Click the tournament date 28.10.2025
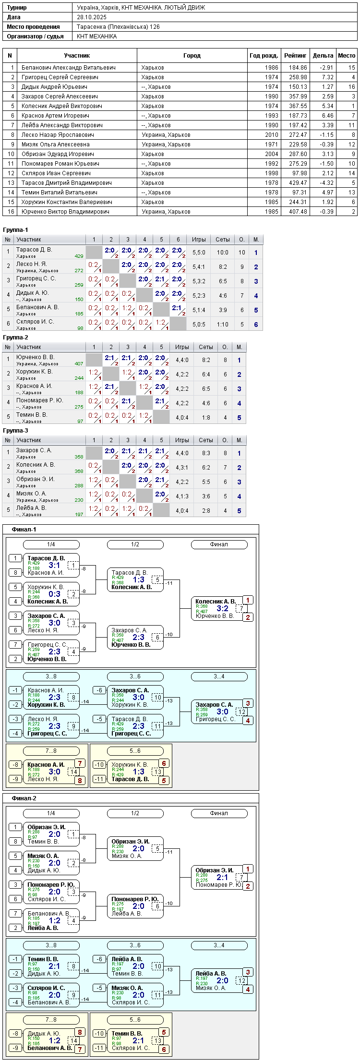click(92, 17)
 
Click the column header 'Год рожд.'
click(264, 56)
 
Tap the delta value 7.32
click(327, 77)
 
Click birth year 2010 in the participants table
click(271, 135)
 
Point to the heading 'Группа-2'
click(15, 338)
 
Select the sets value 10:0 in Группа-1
click(223, 253)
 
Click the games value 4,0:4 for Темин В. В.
click(182, 418)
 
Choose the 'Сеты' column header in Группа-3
click(206, 440)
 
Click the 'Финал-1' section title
click(24, 530)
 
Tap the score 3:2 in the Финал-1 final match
click(222, 608)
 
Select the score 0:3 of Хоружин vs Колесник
click(54, 594)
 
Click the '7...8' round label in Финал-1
click(51, 751)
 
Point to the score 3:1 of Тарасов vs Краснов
click(54, 565)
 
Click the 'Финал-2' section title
click(24, 798)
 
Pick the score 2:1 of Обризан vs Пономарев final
click(222, 877)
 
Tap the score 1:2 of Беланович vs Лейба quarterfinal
click(54, 920)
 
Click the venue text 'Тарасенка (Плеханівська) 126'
click(119, 27)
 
